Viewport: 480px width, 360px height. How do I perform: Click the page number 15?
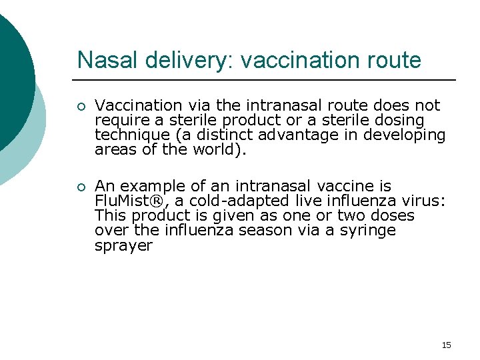point(446,345)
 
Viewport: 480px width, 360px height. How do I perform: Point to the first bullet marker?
point(81,106)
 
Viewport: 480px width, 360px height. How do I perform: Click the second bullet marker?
point(81,187)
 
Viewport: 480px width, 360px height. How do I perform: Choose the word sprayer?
point(123,245)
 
